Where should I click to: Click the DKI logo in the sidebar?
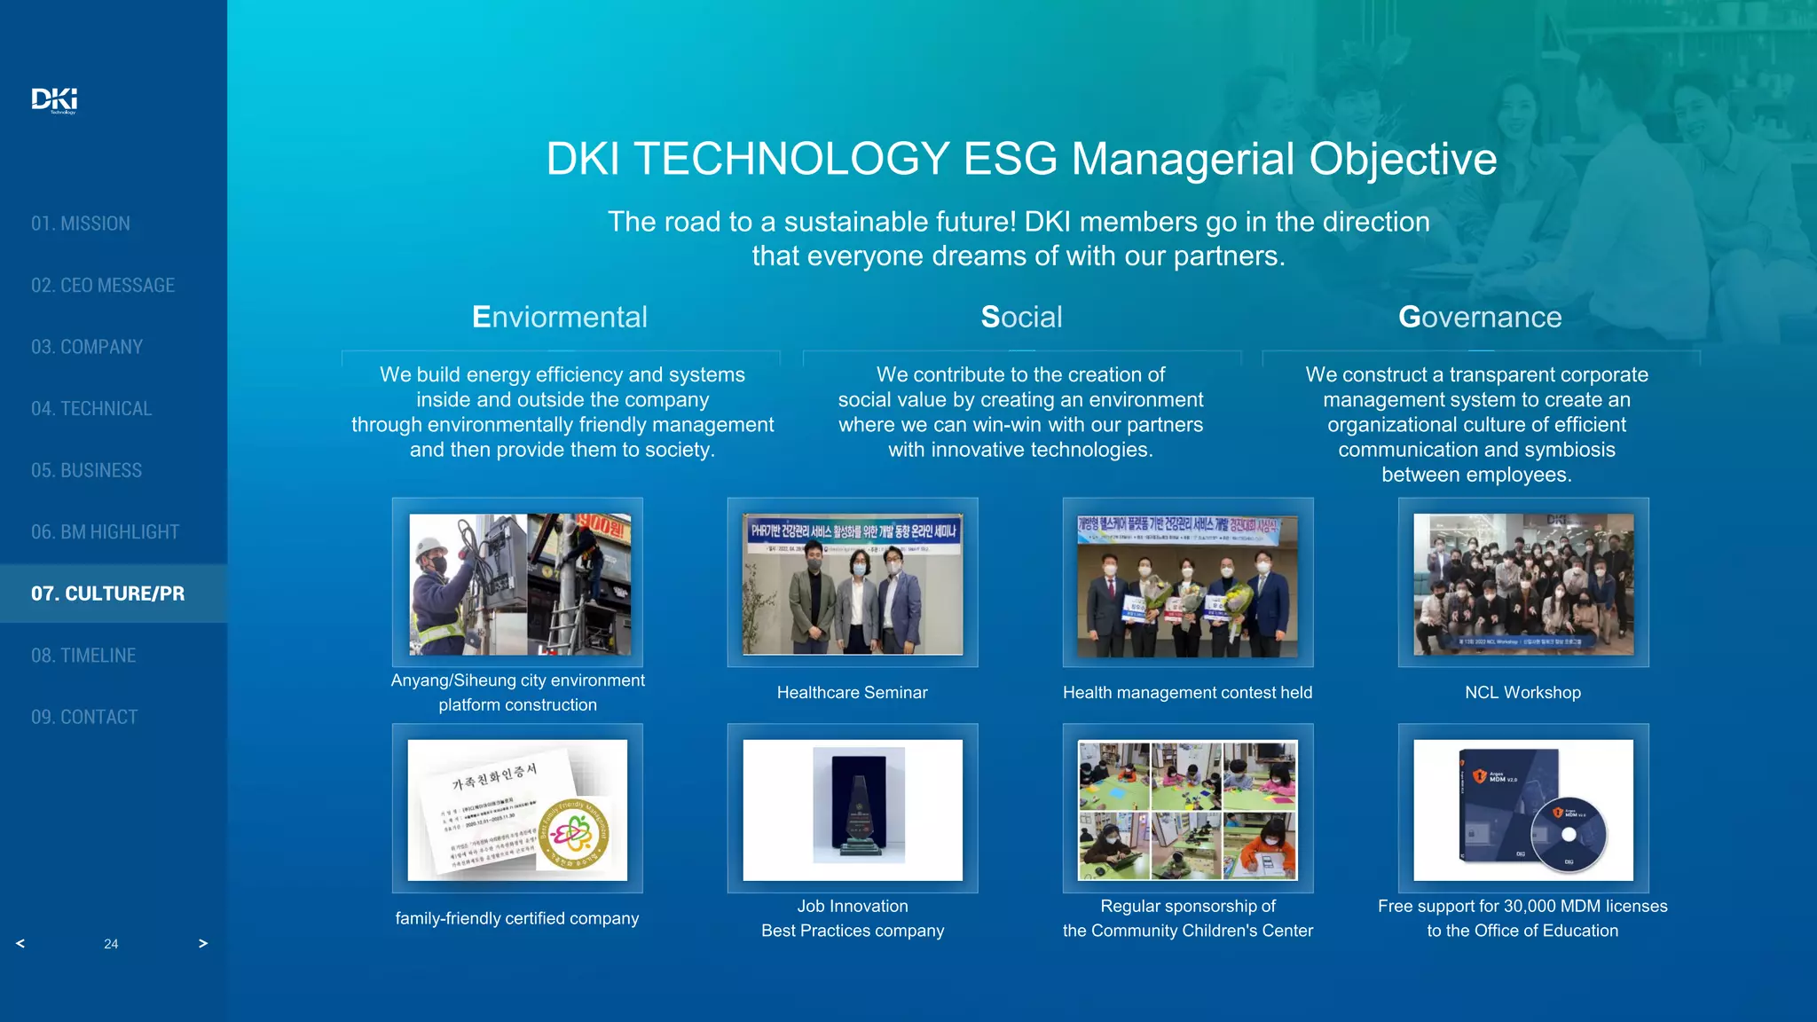click(x=54, y=99)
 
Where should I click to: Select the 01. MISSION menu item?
click(x=81, y=224)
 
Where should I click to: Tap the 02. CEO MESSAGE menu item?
click(x=103, y=286)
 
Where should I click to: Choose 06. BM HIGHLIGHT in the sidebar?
click(x=105, y=532)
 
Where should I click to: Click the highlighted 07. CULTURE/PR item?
click(x=108, y=594)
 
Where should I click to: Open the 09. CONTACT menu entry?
click(x=84, y=717)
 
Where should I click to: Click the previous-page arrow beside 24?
click(x=20, y=943)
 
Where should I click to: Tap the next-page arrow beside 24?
click(x=203, y=943)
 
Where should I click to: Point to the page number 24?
click(x=111, y=944)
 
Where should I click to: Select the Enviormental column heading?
click(x=560, y=318)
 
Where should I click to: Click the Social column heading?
click(x=1021, y=318)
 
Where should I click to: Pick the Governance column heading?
click(x=1480, y=318)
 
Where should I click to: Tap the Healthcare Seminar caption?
click(x=852, y=693)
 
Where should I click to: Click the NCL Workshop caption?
click(x=1522, y=693)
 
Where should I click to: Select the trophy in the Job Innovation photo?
click(x=858, y=809)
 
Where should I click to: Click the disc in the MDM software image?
click(x=1569, y=834)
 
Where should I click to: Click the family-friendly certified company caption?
click(x=517, y=918)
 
